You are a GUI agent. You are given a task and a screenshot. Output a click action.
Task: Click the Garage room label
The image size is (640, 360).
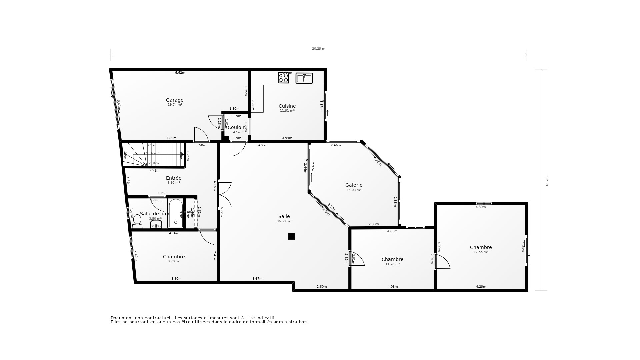175,100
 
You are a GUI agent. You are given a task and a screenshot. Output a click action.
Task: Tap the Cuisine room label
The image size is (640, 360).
287,106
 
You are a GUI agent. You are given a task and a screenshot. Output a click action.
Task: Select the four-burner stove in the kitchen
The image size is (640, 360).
283,78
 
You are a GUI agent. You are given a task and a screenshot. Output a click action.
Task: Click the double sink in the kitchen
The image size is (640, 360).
304,78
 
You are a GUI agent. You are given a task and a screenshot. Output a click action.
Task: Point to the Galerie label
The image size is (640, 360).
354,185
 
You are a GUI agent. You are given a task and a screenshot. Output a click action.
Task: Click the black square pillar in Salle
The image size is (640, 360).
291,236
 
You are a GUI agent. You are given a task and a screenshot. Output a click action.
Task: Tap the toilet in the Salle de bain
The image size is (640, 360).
137,221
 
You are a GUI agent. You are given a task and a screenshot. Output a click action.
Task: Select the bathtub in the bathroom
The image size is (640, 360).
175,213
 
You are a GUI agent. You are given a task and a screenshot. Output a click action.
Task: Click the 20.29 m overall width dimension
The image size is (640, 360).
318,49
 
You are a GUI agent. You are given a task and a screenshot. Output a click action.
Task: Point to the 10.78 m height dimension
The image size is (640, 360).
547,180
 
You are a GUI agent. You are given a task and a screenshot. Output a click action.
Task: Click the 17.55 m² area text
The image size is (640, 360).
481,252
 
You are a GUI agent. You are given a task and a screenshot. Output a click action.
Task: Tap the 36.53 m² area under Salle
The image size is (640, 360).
284,221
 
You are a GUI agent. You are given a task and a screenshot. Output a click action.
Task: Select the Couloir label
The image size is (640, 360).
236,127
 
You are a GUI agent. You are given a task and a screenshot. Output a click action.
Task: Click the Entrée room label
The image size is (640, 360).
174,178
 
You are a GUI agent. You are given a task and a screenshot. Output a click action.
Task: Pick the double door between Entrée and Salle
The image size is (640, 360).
225,195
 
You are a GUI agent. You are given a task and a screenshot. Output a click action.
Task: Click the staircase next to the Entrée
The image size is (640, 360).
153,155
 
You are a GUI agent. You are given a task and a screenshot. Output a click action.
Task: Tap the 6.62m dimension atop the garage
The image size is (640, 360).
180,73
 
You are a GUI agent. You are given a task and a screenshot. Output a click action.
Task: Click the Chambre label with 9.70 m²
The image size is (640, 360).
174,257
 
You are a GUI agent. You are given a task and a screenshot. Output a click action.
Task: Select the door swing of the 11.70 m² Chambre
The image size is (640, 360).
357,259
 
